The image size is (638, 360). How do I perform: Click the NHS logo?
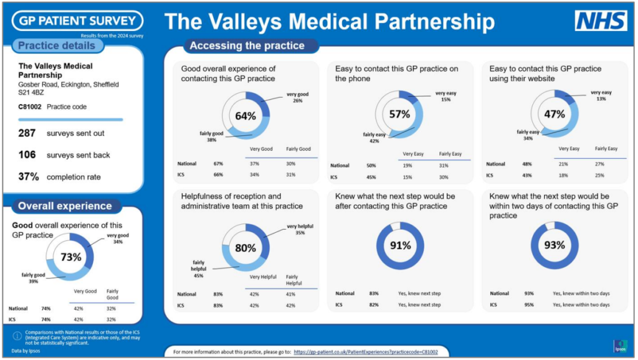point(601,21)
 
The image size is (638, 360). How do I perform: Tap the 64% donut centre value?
point(245,116)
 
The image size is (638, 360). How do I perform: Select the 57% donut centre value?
point(399,114)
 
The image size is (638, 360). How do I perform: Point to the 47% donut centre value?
point(554,114)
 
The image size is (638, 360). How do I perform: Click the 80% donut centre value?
point(245,247)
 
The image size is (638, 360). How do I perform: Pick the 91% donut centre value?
point(399,245)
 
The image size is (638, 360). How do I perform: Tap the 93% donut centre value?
point(554,245)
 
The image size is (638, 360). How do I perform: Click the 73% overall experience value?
point(70,256)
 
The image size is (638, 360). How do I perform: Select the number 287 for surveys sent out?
point(27,133)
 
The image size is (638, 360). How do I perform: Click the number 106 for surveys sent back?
point(27,154)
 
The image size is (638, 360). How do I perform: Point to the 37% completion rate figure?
point(29,176)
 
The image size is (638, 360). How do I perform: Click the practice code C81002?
point(30,107)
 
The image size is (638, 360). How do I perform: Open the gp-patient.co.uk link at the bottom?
point(365,352)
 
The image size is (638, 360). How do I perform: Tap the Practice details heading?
point(57,45)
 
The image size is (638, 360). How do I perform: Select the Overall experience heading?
point(65,206)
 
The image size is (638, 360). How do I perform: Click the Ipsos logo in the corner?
point(620,346)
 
